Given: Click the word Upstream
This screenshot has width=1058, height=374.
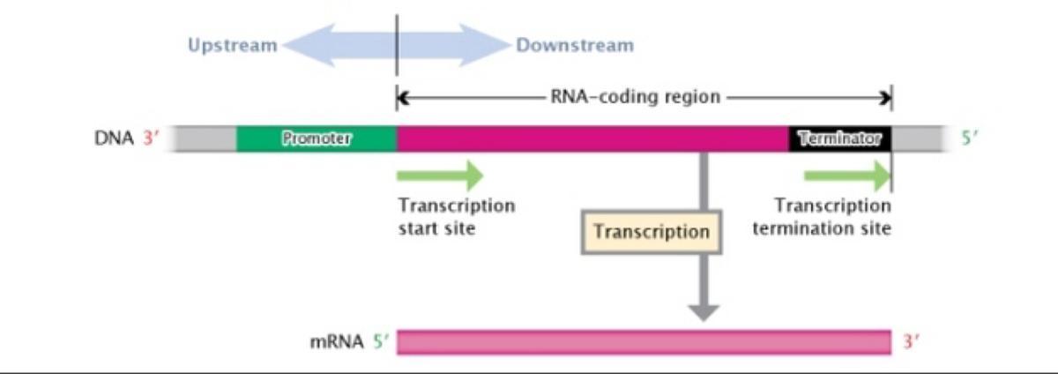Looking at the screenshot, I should [x=232, y=45].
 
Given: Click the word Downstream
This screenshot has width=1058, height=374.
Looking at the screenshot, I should [x=575, y=45].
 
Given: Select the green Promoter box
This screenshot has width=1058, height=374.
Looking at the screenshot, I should [x=317, y=138].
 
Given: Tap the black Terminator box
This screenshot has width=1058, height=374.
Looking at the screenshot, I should [x=839, y=138].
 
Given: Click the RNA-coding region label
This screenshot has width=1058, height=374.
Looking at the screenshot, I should [x=636, y=96].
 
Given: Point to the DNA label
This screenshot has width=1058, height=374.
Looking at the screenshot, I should [x=112, y=138].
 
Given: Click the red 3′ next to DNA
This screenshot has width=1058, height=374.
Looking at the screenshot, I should [x=148, y=138].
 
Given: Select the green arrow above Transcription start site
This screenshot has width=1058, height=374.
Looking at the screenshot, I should [x=440, y=176].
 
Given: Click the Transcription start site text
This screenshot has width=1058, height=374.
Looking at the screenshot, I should [x=456, y=217].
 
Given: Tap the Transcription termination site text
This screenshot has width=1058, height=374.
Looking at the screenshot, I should [x=832, y=217].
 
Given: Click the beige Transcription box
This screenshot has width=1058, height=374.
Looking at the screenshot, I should [x=652, y=232].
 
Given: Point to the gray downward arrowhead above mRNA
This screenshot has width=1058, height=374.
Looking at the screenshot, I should [x=704, y=311].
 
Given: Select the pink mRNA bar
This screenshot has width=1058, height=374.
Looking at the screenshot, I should [x=644, y=342].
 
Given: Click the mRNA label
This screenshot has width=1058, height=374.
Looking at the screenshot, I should [x=336, y=342].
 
